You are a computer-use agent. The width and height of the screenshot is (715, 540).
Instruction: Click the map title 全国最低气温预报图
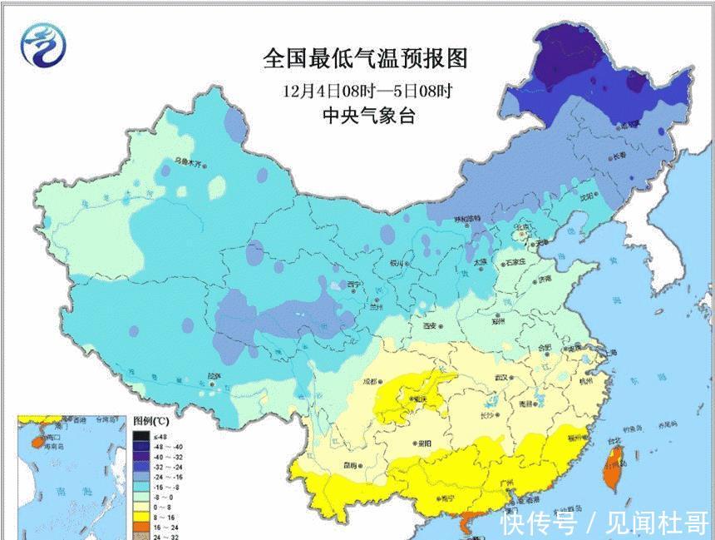[364, 58]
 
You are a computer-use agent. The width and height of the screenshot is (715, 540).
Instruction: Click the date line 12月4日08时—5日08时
[364, 89]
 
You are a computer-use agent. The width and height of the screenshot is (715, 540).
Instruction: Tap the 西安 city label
[431, 327]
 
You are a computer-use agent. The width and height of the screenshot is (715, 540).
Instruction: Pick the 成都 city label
[369, 383]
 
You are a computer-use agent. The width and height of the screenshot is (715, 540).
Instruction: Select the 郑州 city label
[498, 320]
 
